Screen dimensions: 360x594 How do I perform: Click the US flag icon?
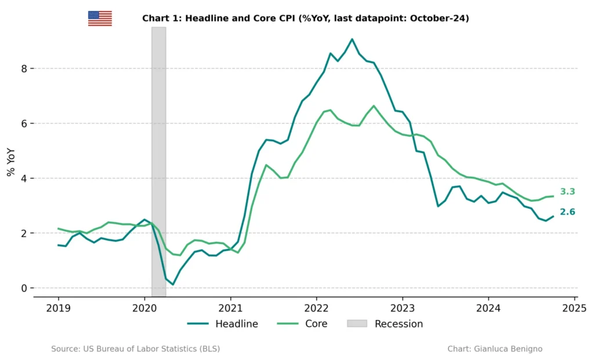100,19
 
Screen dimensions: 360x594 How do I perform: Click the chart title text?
305,19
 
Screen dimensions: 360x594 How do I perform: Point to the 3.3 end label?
567,192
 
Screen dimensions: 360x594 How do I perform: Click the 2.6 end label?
567,212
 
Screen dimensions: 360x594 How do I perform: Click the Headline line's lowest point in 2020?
173,284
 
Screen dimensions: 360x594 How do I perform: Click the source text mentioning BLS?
135,349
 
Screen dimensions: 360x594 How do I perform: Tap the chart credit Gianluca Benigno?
495,349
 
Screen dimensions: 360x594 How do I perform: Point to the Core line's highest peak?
374,106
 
